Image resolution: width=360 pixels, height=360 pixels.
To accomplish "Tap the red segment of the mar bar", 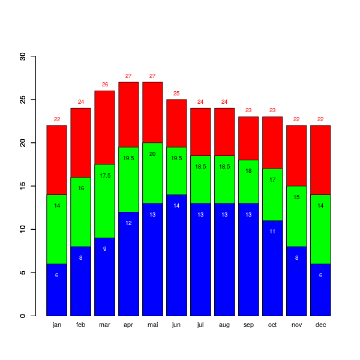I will pos(105,127).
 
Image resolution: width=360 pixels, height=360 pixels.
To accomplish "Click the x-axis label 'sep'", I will pos(248,325).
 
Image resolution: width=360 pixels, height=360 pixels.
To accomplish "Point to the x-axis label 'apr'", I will pos(128,325).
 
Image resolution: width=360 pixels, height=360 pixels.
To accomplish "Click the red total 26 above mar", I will pos(105,85).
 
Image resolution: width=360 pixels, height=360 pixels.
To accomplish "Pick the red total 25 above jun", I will pos(176,94).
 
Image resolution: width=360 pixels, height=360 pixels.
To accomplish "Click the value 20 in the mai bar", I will pos(152,154).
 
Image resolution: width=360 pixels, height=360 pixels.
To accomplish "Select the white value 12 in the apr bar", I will pos(128,223).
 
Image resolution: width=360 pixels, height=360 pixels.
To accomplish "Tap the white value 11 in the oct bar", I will pos(272,232).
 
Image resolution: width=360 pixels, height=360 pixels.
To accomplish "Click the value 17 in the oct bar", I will pos(272,180).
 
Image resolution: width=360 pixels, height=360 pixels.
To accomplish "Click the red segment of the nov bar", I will pos(296,156).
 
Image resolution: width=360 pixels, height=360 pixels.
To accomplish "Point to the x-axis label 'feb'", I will pos(81,325).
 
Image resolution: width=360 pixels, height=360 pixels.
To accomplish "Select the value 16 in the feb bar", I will pos(81,188).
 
